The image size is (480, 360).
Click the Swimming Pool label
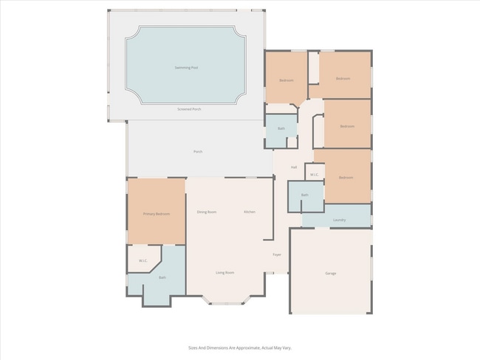186,68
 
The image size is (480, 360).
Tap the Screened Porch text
189,109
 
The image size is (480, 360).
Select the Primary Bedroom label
157,214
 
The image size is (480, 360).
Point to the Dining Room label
207,212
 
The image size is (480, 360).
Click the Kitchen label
250,212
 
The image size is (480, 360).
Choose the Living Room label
225,273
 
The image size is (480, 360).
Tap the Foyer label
277,255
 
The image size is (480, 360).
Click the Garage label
331,273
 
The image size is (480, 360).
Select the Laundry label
340,220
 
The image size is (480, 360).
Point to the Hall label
294,167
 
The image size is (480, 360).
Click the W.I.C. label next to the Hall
314,175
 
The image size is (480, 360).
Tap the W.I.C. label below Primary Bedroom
143,260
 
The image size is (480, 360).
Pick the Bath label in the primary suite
162,277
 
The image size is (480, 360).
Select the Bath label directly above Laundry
304,195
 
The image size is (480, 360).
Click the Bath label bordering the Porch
281,128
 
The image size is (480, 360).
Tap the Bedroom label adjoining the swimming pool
287,80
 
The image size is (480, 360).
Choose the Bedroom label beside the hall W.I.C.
346,178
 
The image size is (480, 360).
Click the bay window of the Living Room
227,301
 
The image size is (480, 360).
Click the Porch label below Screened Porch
198,152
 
